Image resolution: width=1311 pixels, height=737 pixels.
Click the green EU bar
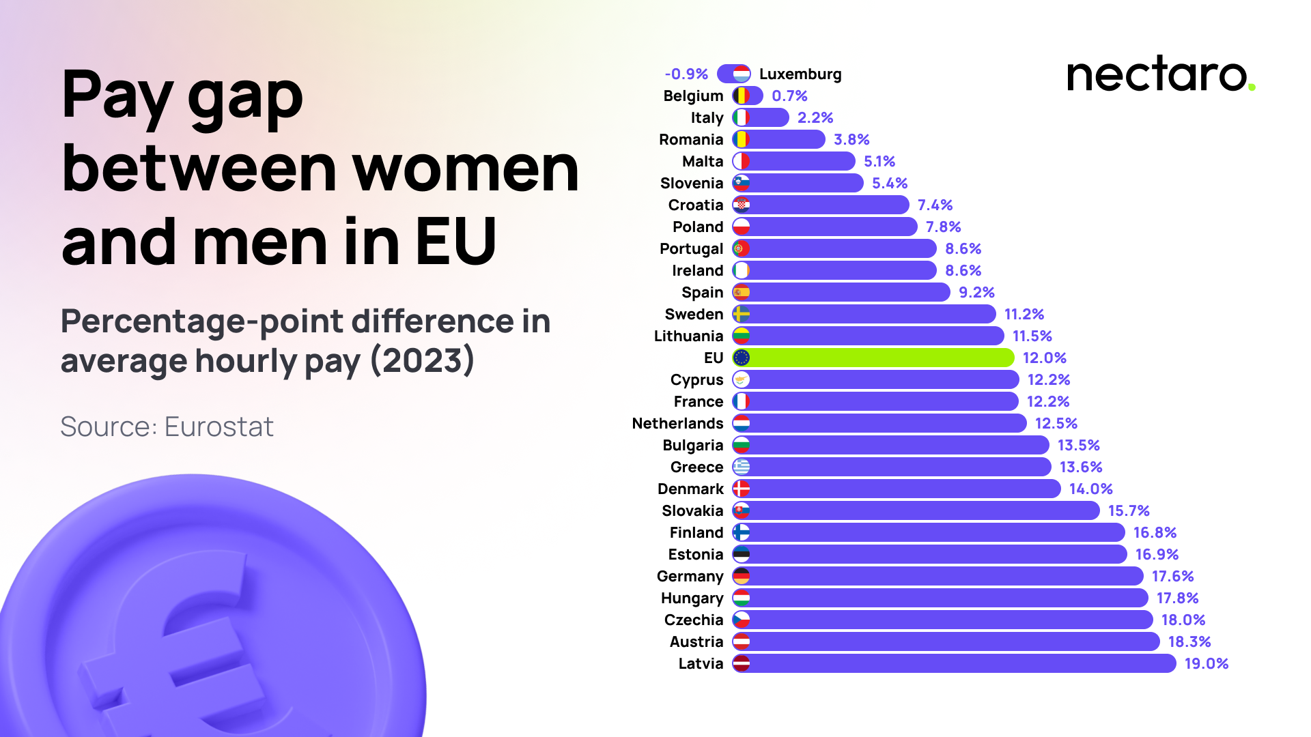point(881,358)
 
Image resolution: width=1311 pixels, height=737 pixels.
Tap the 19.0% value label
point(1206,663)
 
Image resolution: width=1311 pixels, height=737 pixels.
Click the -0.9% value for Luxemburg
point(686,74)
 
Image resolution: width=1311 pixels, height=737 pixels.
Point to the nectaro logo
point(1160,75)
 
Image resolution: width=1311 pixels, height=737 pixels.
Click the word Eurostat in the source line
point(218,427)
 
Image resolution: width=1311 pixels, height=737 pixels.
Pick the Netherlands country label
point(677,423)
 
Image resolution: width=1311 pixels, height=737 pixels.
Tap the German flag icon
point(741,576)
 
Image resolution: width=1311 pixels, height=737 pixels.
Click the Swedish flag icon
point(741,314)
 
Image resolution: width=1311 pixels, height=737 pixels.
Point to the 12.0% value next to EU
point(1044,358)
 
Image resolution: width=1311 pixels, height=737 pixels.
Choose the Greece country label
point(696,467)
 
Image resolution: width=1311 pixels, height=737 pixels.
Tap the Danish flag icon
point(741,489)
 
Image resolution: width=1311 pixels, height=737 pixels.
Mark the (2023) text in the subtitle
point(422,360)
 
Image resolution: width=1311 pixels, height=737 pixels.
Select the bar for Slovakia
point(922,510)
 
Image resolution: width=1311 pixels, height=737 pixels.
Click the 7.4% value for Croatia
point(935,205)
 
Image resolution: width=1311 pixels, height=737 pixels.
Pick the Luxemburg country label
point(800,74)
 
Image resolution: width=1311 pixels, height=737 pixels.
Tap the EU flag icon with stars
point(741,358)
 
